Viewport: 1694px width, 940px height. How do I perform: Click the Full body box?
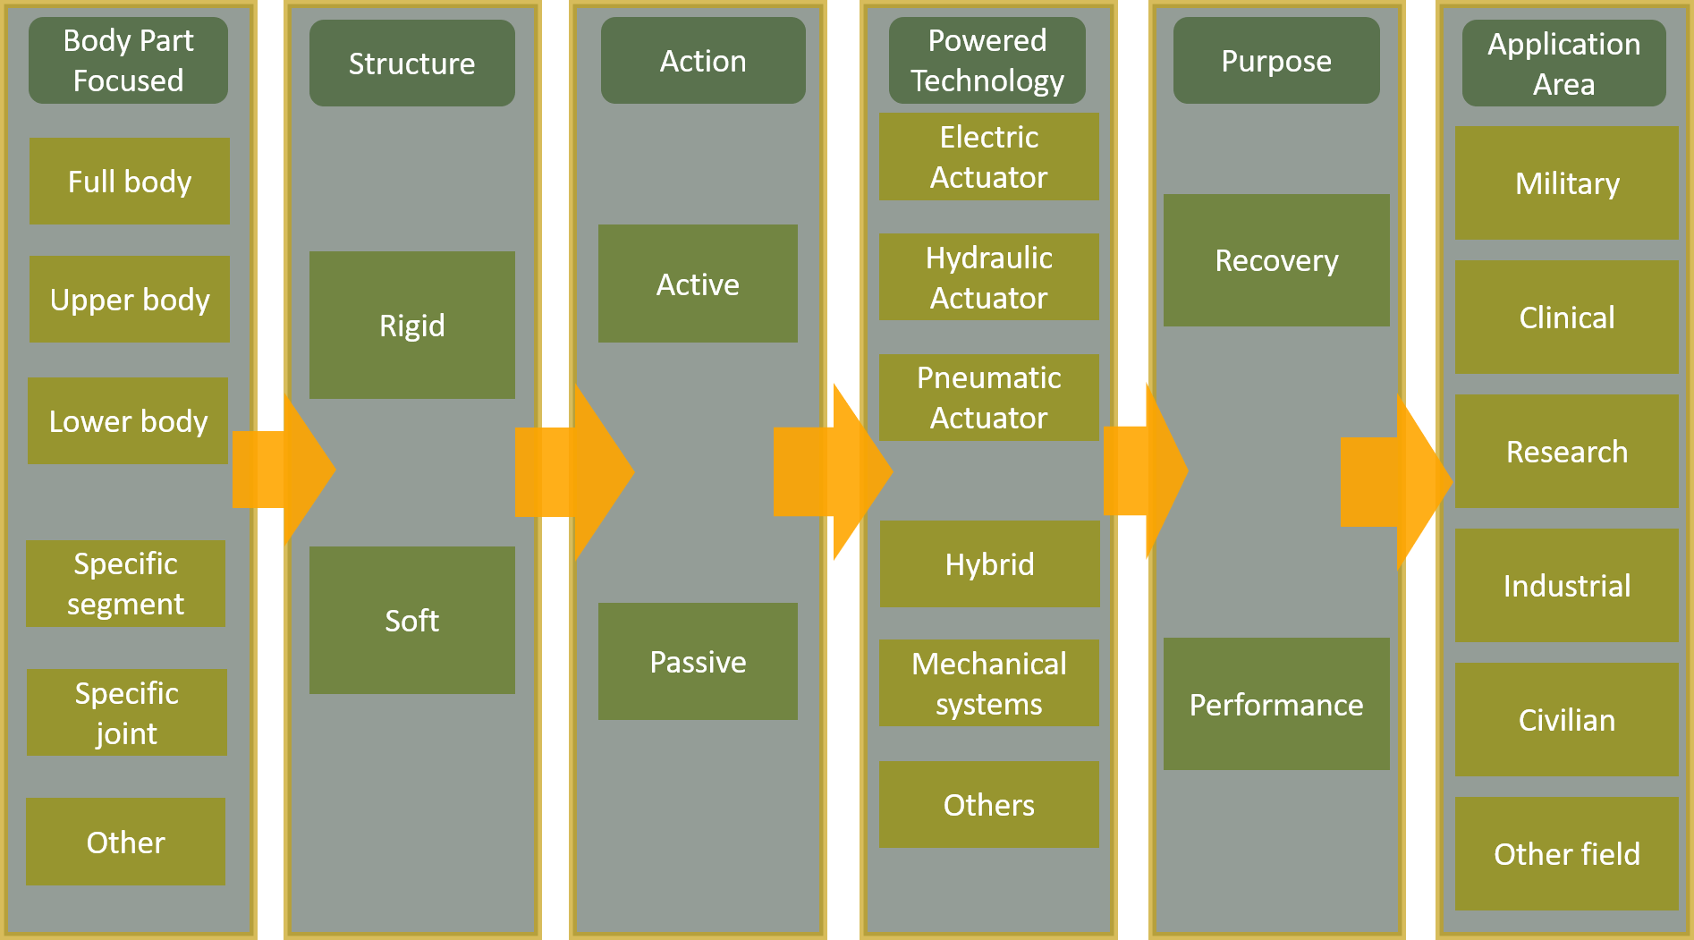coord(130,182)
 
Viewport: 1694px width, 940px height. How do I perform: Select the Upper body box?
coord(130,300)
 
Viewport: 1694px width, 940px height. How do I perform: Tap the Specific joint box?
coord(126,713)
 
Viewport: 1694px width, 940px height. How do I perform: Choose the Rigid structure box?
coord(411,325)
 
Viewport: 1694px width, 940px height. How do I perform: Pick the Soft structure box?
coord(411,620)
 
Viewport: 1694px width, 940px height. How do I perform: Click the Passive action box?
coord(698,662)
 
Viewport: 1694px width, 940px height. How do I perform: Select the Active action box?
coord(698,284)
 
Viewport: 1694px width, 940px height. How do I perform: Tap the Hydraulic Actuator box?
coord(988,277)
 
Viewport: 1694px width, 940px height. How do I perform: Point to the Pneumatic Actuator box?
coord(988,397)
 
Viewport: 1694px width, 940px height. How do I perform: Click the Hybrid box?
coord(989,564)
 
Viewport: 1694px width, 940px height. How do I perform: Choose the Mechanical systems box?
coord(988,683)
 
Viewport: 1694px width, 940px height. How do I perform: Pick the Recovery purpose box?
coord(1276,260)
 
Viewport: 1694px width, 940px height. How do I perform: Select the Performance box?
coord(1276,704)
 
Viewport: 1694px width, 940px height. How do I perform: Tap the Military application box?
coord(1566,183)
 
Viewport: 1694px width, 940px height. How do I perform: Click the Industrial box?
coord(1566,586)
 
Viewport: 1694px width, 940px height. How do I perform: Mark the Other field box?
coord(1566,854)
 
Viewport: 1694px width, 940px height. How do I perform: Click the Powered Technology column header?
coord(987,61)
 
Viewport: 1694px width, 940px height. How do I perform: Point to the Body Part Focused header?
coord(128,61)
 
